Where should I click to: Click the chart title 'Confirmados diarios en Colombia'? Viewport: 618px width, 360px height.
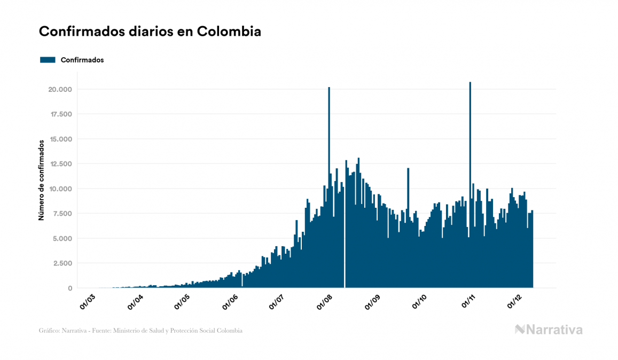click(x=150, y=32)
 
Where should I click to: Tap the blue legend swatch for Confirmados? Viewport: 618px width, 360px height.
click(x=48, y=60)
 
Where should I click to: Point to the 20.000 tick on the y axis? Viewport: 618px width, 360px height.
click(x=60, y=89)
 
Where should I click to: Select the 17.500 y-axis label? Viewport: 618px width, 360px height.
click(x=60, y=114)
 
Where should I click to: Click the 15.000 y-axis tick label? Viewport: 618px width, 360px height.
click(x=60, y=139)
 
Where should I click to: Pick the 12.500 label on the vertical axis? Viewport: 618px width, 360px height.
click(x=60, y=164)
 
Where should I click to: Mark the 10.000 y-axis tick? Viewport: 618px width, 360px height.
click(x=60, y=189)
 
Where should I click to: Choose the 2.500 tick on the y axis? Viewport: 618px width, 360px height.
click(x=61, y=263)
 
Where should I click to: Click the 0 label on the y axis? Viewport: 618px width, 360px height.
click(x=69, y=288)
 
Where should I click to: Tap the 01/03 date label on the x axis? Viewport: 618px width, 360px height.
click(x=87, y=302)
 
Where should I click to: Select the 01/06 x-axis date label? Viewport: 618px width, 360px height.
click(x=229, y=302)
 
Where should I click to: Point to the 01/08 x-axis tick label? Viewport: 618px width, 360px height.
click(x=324, y=302)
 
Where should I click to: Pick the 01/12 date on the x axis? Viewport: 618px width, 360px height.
click(x=514, y=302)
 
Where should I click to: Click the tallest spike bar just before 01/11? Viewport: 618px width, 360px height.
click(x=470, y=160)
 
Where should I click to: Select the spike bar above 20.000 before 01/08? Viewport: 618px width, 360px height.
click(x=329, y=160)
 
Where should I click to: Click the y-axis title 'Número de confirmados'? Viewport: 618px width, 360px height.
click(x=41, y=180)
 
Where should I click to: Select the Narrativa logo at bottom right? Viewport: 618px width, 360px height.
click(x=549, y=330)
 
